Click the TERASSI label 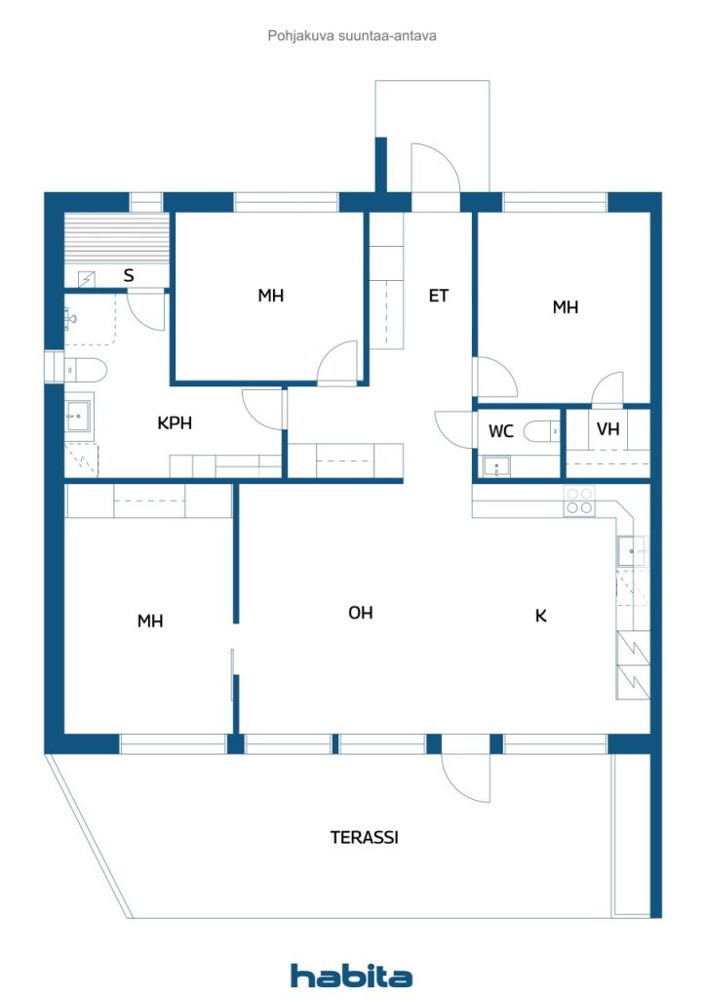[x=364, y=836]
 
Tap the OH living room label [x=361, y=613]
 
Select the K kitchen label [x=540, y=616]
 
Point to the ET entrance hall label [x=439, y=296]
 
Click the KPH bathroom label [x=175, y=422]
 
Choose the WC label [x=500, y=431]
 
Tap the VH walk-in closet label [x=608, y=429]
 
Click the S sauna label [x=129, y=275]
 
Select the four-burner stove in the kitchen [x=578, y=500]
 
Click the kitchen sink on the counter [x=632, y=551]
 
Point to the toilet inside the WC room [x=541, y=431]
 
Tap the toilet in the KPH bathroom [x=85, y=369]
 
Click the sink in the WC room [x=496, y=467]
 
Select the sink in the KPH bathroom [x=79, y=416]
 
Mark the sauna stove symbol [x=87, y=278]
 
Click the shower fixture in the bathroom [x=69, y=317]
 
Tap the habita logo [x=351, y=976]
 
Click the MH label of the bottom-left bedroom [x=150, y=620]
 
